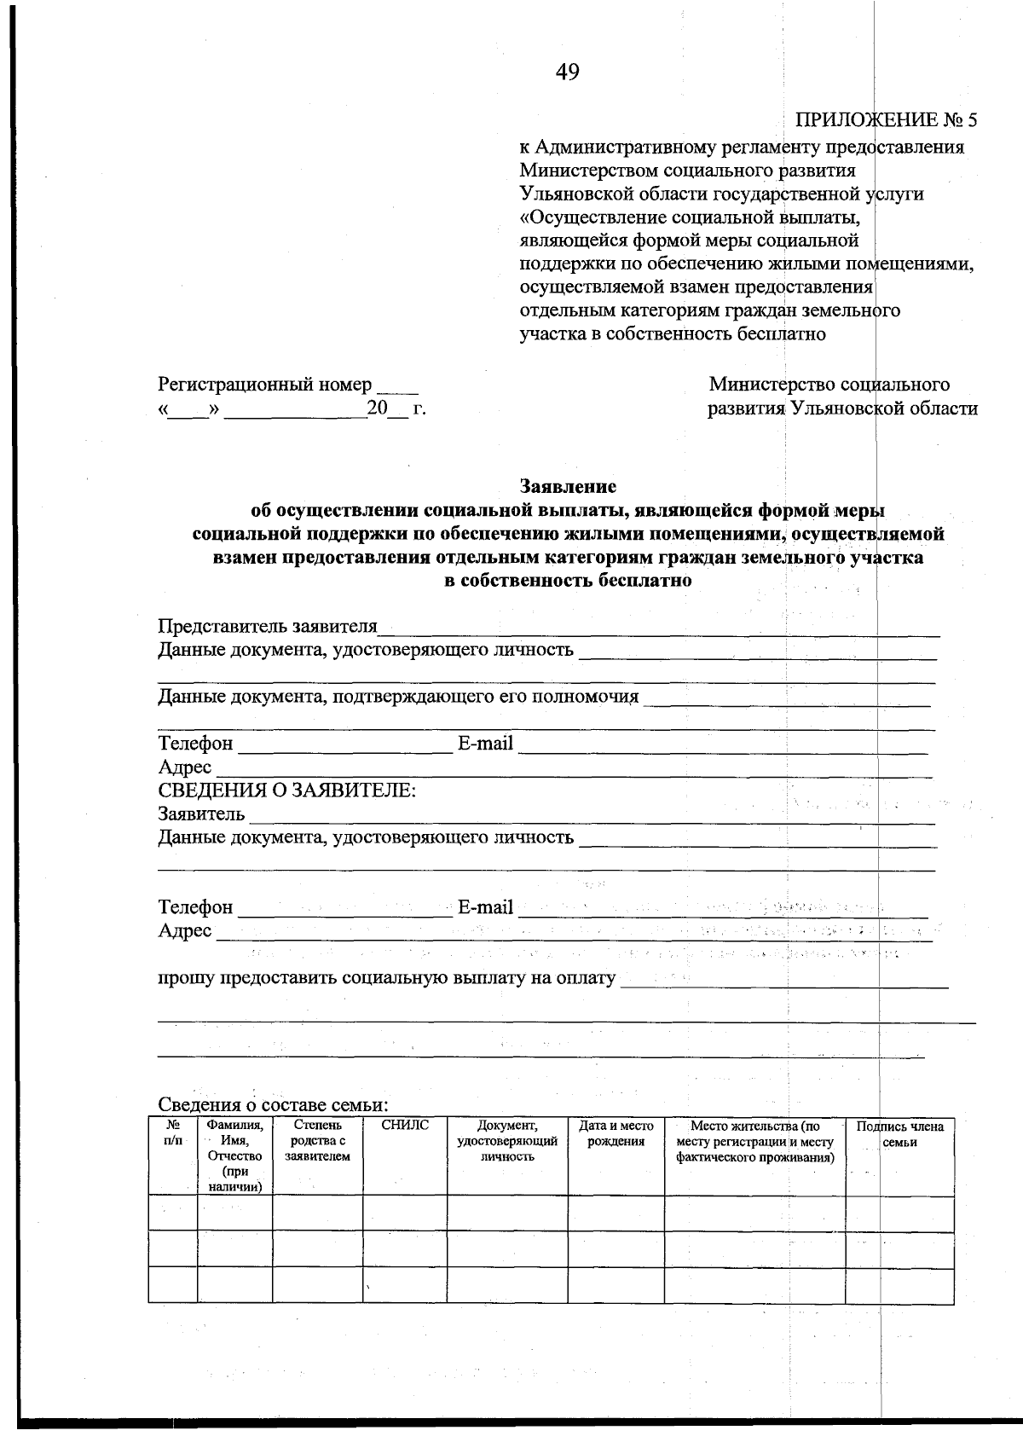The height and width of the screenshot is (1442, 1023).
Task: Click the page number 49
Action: pos(567,73)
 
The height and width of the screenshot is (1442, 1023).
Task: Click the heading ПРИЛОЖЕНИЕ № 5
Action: pos(886,119)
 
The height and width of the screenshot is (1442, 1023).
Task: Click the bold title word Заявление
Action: pos(568,487)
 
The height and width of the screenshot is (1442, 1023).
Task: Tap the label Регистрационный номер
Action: pos(265,385)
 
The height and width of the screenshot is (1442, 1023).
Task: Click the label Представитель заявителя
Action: pos(268,627)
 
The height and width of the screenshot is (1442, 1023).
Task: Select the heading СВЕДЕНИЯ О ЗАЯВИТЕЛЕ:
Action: pos(287,790)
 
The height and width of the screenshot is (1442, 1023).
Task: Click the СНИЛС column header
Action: pos(405,1126)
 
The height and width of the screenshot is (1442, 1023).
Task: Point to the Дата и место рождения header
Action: pos(616,1133)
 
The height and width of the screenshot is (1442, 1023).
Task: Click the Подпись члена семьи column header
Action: pos(900,1134)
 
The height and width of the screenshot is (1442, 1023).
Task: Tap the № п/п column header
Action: pos(172,1132)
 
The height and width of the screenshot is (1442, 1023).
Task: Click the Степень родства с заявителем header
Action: pos(317,1141)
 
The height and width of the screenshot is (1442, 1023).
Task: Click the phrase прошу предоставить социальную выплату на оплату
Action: pos(387,978)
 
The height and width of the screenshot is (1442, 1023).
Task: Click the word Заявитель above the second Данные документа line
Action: pos(201,814)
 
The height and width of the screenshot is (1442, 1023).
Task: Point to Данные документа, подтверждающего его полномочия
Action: pos(398,697)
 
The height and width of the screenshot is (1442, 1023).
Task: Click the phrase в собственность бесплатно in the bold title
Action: pos(568,582)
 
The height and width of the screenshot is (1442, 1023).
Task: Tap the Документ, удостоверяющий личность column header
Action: pos(507,1141)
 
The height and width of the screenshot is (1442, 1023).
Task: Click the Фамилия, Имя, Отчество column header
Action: pos(234,1155)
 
